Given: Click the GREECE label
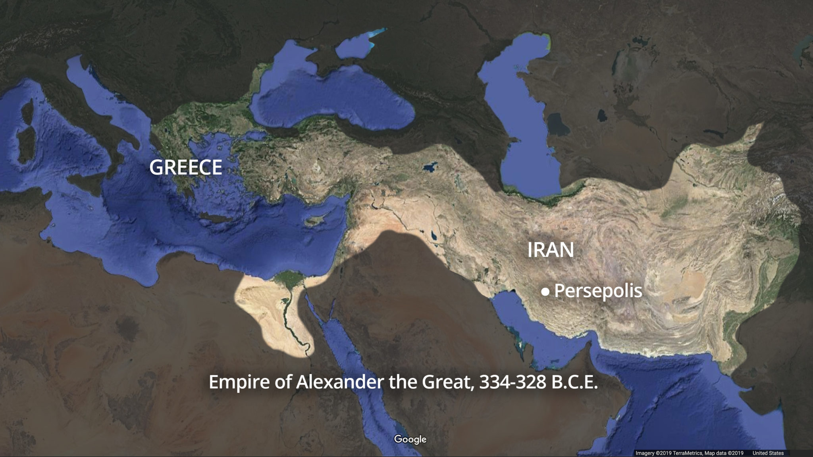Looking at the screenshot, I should pos(185,167).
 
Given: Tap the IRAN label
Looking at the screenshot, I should pos(550,250).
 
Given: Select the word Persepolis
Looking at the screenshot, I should pos(598,291).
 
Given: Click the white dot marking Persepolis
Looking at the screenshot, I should pos(545,292).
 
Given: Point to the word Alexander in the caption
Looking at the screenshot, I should pos(339,382).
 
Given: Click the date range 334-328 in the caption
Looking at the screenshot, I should pos(512,382).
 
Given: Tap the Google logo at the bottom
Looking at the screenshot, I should pos(410,439).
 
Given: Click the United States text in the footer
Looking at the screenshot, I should pos(768,453).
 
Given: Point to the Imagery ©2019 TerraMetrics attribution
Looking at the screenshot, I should pos(669,453).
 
